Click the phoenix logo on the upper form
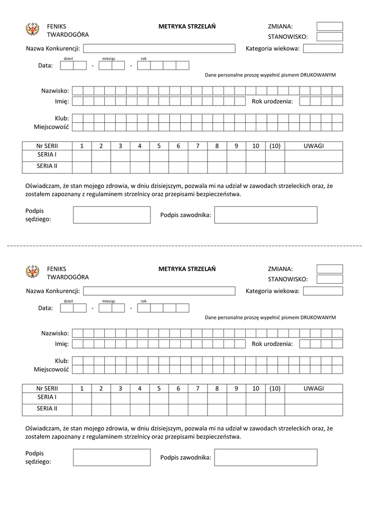pos(32,30)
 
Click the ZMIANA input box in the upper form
pos(329,26)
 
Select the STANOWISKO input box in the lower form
pos(329,279)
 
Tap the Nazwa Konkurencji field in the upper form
pos(159,49)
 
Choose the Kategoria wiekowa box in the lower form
pos(323,291)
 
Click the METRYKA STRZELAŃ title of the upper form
pos(187,26)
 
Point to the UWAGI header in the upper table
pos(313,146)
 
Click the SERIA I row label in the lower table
pos(47,397)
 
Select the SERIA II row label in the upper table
pos(47,165)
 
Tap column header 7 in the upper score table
pos(197,146)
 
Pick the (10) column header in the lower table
pos(274,388)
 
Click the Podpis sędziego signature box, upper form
pos(112,215)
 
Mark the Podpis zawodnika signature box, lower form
pos(266,457)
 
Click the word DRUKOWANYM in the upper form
pos(318,75)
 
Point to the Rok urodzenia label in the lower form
pos(272,344)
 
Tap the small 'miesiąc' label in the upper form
pos(109,59)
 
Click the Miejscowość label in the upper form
pos(51,127)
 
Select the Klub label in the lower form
pos(61,361)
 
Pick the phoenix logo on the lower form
pos(32,272)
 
